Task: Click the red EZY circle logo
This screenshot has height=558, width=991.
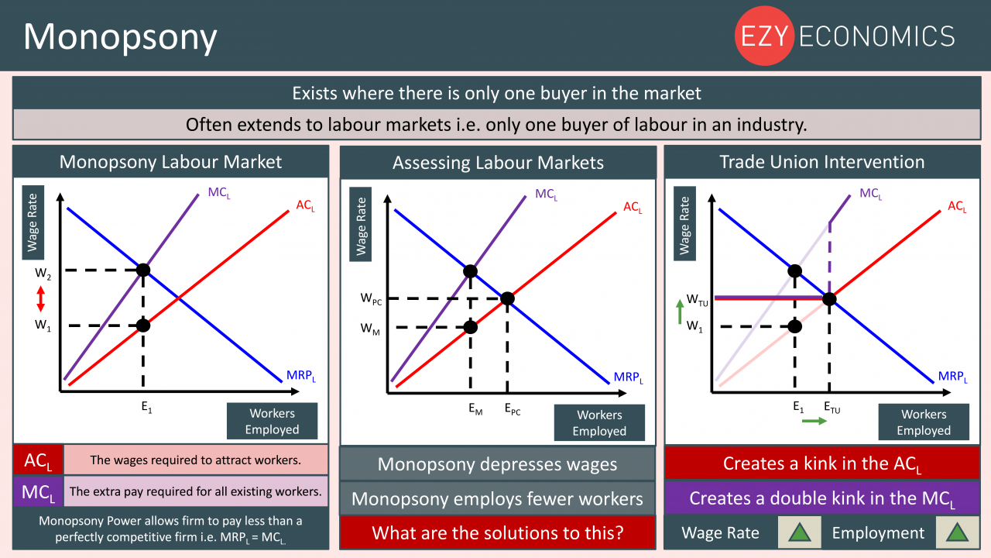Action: pos(764,36)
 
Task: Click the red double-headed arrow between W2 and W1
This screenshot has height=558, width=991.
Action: pos(41,299)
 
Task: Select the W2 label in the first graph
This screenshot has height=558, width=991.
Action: pos(43,274)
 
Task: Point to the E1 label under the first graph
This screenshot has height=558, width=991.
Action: pos(146,407)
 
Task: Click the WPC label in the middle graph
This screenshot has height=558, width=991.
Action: pos(371,299)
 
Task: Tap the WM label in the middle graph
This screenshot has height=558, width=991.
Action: pos(370,329)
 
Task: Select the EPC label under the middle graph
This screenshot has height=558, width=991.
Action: pos(513,408)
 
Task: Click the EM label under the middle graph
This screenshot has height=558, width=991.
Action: pos(475,408)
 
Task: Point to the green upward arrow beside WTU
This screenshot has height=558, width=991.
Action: pos(680,312)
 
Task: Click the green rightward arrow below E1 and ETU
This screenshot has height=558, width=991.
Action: pos(814,421)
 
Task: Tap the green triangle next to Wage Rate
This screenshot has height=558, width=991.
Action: pos(800,532)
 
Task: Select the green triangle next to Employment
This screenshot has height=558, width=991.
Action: pos(957,532)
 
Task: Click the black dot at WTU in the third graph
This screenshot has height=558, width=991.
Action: pos(829,299)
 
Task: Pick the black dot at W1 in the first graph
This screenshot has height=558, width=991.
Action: pos(143,325)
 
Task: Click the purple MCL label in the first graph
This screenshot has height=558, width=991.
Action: pos(219,193)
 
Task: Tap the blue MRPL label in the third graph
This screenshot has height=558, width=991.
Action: pos(952,377)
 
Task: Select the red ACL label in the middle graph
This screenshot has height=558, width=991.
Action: pos(633,207)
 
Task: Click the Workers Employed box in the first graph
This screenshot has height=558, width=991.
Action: pos(272,421)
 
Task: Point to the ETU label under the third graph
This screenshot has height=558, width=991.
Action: pos(832,408)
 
